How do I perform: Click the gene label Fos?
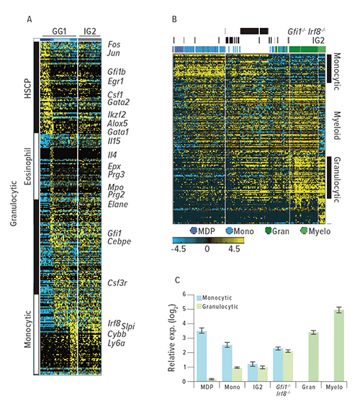point(114,44)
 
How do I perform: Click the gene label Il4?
point(112,155)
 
